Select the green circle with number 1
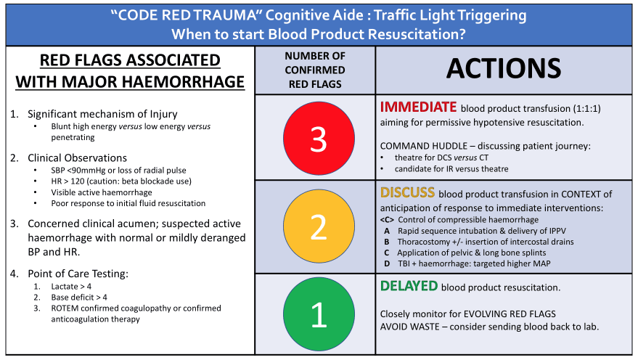[x=318, y=314]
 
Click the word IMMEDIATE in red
[x=418, y=107]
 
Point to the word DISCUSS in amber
[x=407, y=193]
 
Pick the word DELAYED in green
[x=409, y=287]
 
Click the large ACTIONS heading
[x=504, y=67]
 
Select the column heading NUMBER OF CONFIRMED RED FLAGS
[x=315, y=70]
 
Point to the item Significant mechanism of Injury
[x=102, y=114]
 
